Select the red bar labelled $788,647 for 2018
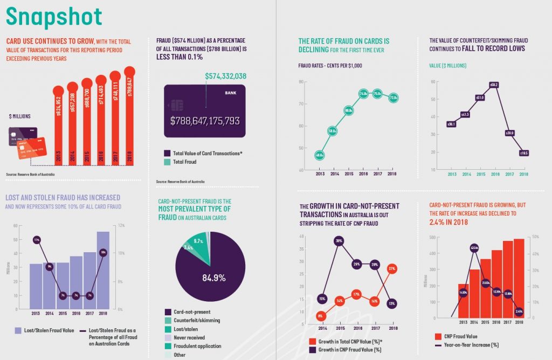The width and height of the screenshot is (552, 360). (x=129, y=119)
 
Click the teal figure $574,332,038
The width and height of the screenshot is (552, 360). (x=225, y=76)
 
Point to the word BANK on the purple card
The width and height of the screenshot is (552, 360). (x=230, y=93)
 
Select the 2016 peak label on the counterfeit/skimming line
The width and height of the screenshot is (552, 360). (x=494, y=85)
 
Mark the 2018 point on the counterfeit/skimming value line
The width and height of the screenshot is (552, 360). (x=523, y=153)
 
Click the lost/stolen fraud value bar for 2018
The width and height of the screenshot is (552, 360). (x=103, y=269)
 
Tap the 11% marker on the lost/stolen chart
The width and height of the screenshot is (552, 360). (x=36, y=239)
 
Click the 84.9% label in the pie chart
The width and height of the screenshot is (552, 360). (x=214, y=278)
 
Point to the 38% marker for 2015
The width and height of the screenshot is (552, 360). (x=339, y=241)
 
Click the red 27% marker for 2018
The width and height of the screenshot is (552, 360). (x=392, y=268)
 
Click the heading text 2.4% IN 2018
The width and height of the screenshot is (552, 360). (x=450, y=221)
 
